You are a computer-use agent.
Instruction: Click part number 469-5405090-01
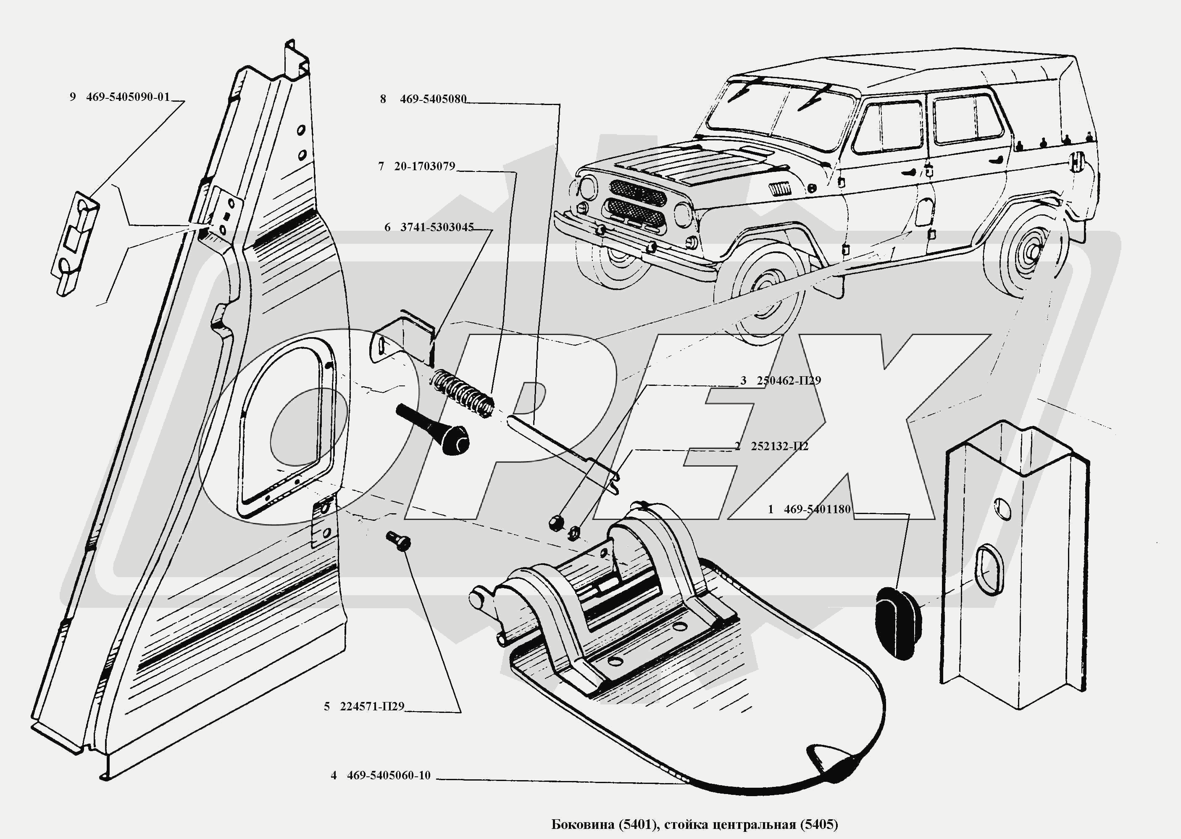128,97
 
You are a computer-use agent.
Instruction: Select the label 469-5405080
433,99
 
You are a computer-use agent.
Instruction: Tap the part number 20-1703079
424,166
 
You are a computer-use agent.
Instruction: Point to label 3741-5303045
437,227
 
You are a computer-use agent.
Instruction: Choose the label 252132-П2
779,446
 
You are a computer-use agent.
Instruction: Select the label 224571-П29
372,707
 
